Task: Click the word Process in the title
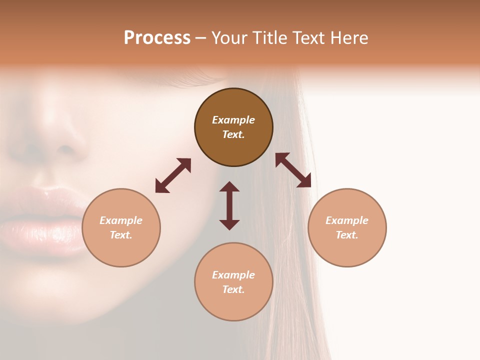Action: tap(157, 38)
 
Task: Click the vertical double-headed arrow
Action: tap(229, 205)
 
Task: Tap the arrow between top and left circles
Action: tap(173, 175)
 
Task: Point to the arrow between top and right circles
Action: tap(293, 170)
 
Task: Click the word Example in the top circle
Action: tap(233, 120)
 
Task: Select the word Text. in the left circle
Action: tap(121, 235)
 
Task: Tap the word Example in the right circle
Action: tap(347, 220)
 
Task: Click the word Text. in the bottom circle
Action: tap(233, 289)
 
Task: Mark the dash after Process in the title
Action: tap(200, 38)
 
